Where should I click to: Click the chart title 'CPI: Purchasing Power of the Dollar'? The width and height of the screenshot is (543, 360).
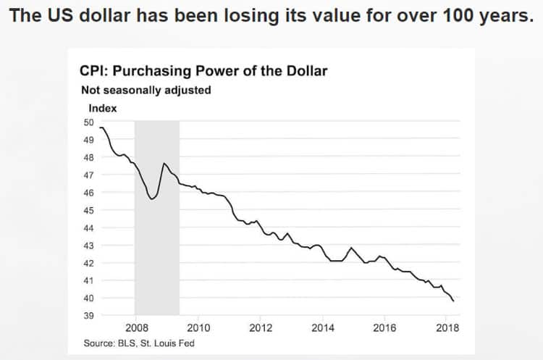pos(203,71)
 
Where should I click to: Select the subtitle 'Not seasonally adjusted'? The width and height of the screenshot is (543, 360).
pos(146,91)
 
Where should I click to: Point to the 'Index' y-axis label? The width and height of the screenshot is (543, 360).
pos(103,109)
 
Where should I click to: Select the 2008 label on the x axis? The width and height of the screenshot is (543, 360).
pos(137,327)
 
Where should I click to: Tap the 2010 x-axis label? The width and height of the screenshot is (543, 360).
pos(198,327)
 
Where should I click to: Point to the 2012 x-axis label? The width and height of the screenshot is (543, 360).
pos(261,327)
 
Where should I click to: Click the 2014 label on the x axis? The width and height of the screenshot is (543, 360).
pos(322,327)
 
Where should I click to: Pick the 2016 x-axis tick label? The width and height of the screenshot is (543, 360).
pos(384,327)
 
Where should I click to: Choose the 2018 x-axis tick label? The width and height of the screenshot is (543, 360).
pos(447,327)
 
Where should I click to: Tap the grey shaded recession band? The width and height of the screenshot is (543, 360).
pos(156,239)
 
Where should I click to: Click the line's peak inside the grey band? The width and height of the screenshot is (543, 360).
pos(164,164)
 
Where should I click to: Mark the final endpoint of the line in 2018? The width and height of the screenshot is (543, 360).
pos(454,300)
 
